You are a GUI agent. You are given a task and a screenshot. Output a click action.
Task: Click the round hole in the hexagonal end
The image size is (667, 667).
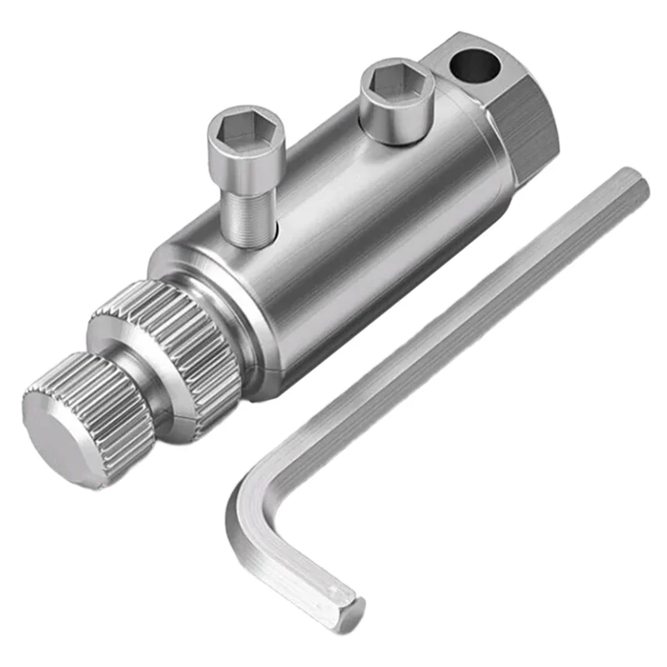(x=473, y=66)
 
